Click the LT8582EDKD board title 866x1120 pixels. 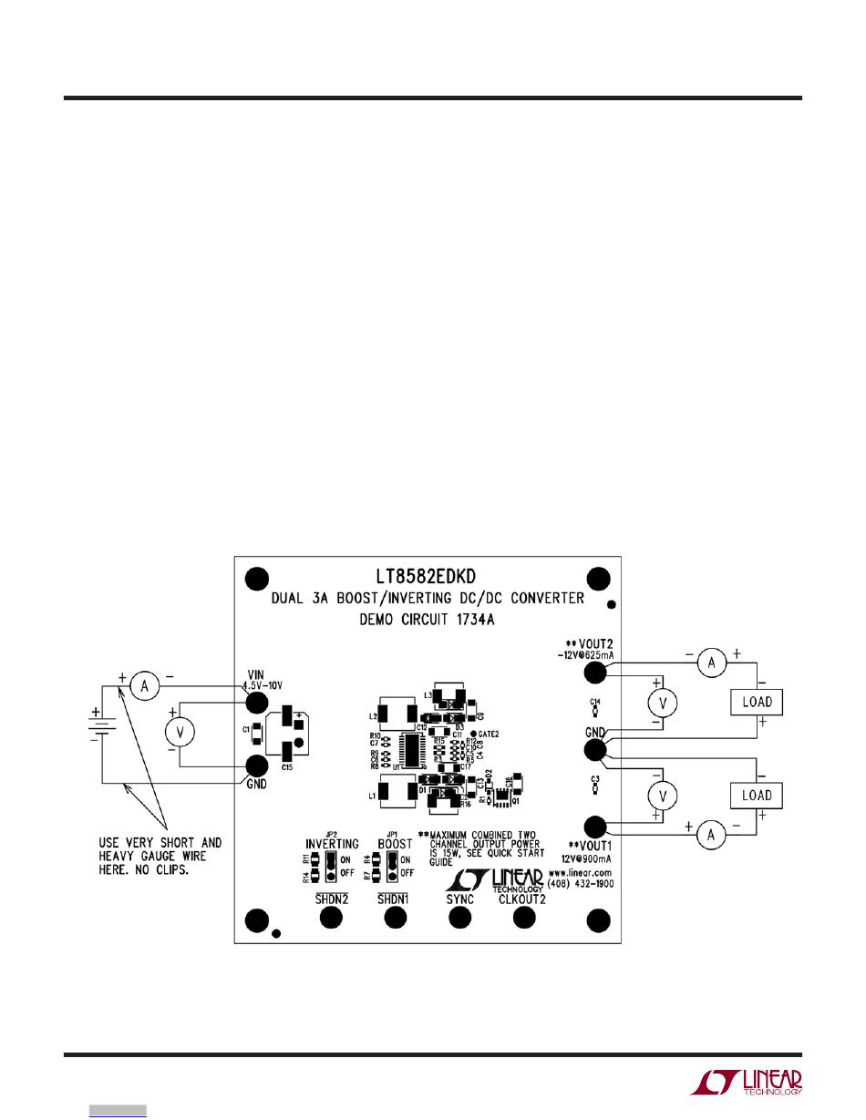[x=426, y=577]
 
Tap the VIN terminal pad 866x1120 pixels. [x=258, y=702]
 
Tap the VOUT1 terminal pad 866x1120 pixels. [x=595, y=827]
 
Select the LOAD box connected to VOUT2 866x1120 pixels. [x=757, y=703]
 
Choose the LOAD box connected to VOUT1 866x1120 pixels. [x=757, y=795]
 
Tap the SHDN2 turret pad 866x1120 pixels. [x=330, y=919]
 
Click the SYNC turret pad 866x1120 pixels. [x=459, y=919]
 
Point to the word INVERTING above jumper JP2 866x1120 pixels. [x=332, y=844]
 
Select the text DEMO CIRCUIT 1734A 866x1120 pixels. [x=427, y=621]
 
